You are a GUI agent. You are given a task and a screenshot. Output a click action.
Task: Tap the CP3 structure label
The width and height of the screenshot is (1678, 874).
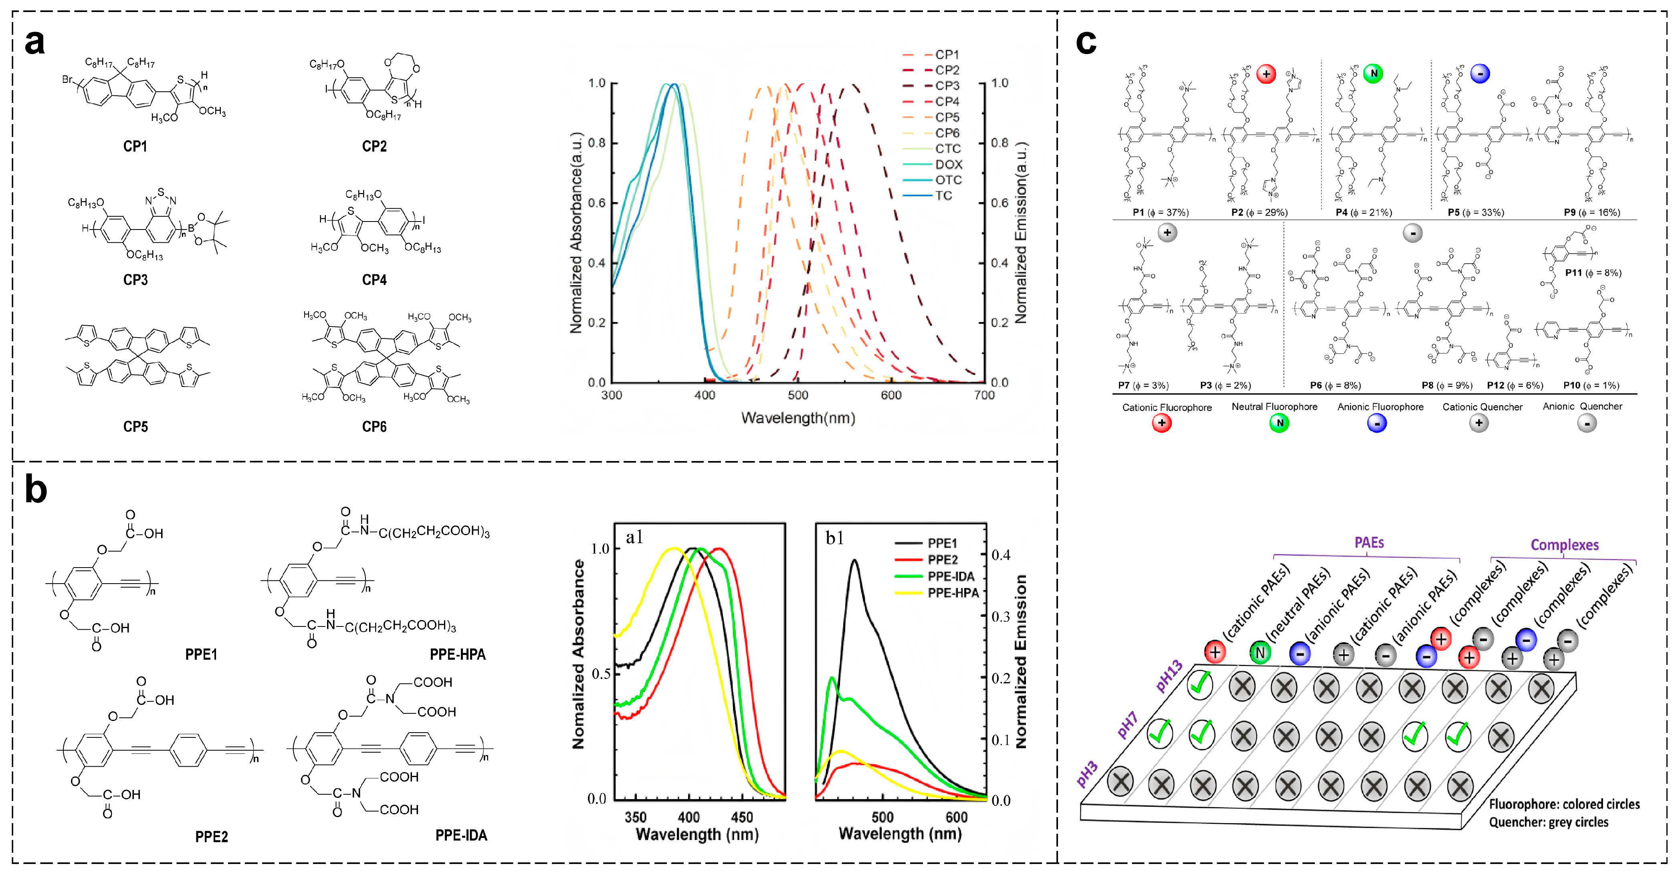(x=135, y=280)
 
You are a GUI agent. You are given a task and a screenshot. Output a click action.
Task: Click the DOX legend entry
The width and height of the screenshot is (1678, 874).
(x=949, y=165)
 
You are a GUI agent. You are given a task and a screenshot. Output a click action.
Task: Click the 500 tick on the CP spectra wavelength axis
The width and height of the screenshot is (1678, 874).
(x=798, y=395)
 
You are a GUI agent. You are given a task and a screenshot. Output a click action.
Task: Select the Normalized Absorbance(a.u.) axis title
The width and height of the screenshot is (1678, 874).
(x=576, y=233)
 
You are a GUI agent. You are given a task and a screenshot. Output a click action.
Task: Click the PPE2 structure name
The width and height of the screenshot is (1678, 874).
(x=212, y=837)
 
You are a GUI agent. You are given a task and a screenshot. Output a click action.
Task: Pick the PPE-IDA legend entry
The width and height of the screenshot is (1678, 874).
(x=951, y=576)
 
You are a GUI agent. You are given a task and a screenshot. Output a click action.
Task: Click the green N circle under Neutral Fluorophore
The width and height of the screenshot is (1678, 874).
(x=1279, y=424)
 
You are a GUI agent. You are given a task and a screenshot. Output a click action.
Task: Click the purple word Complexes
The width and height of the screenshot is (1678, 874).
(x=1564, y=545)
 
